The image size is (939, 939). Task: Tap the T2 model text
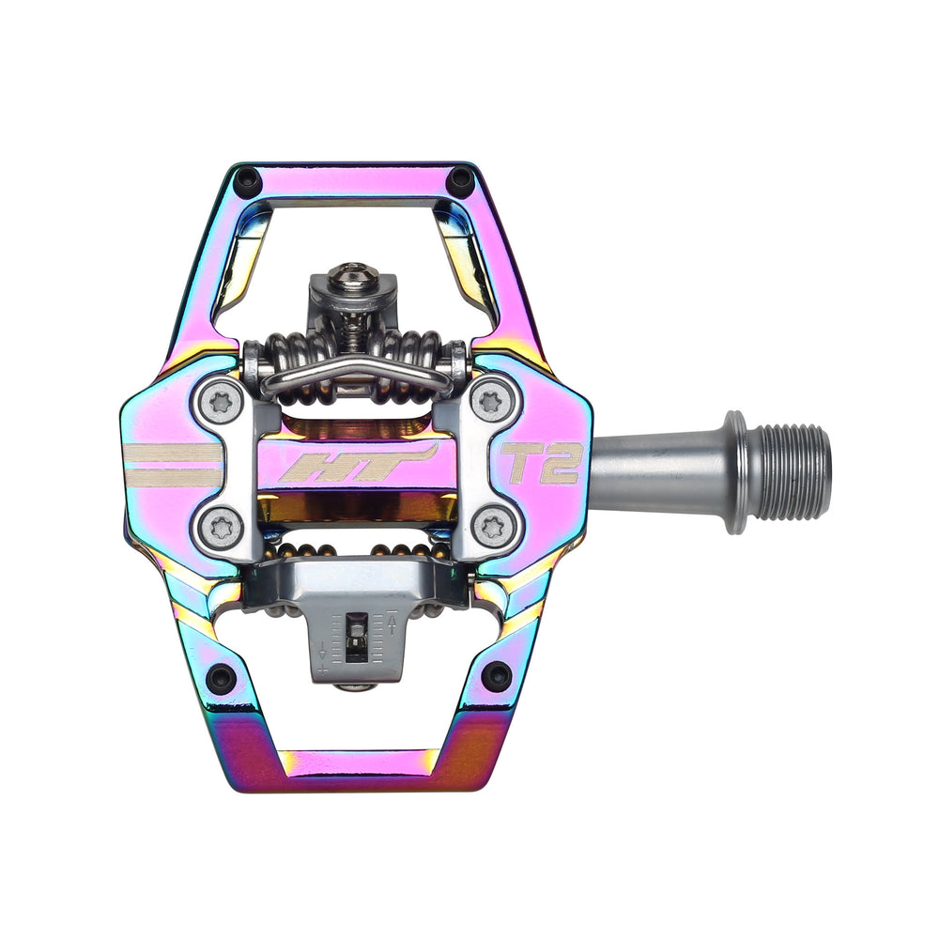click(x=542, y=462)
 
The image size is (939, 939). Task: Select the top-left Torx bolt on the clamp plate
click(x=222, y=403)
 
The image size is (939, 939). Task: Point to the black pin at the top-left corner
click(x=247, y=180)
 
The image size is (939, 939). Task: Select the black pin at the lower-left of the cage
click(x=221, y=677)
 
